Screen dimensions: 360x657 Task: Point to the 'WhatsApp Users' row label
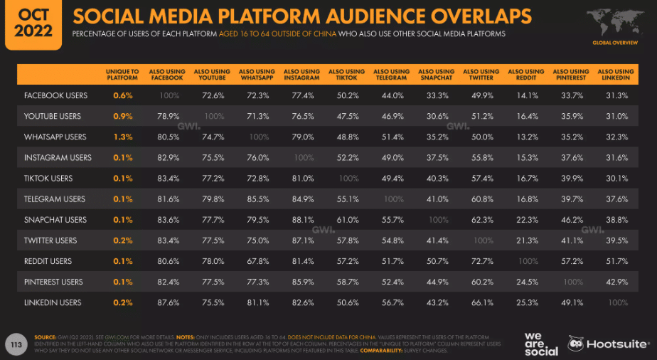pyautogui.click(x=55, y=137)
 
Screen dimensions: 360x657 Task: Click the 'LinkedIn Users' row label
pyautogui.click(x=53, y=303)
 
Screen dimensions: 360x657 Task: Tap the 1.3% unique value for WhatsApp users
pyautogui.click(x=122, y=137)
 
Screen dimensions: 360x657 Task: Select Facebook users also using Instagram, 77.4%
pyautogui.click(x=301, y=95)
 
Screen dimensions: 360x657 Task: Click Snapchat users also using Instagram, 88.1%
pyautogui.click(x=301, y=220)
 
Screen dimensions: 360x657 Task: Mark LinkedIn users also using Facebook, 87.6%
pyautogui.click(x=167, y=303)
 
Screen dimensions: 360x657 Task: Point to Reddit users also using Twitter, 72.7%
pyautogui.click(x=481, y=261)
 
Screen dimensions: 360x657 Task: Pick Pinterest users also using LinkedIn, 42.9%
pyautogui.click(x=616, y=282)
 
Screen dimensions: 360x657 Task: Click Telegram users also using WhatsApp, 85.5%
pyautogui.click(x=257, y=199)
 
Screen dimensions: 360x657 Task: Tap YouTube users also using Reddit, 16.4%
pyautogui.click(x=526, y=116)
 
